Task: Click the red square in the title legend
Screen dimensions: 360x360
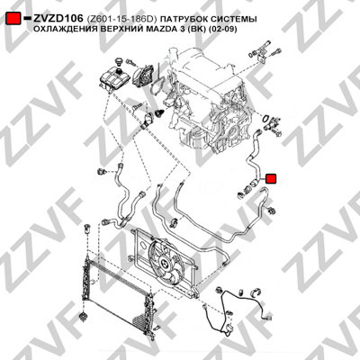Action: coord(13,19)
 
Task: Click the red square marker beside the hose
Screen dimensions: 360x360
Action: coord(272,179)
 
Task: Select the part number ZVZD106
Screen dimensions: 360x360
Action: coord(58,19)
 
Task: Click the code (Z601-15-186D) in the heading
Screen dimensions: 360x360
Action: coord(121,20)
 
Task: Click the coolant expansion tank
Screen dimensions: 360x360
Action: coord(114,78)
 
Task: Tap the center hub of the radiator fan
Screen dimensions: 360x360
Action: coord(165,263)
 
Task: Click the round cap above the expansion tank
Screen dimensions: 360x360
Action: coord(120,61)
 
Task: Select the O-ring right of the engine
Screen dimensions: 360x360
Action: coord(265,118)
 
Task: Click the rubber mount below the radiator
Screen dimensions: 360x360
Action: coord(83,317)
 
